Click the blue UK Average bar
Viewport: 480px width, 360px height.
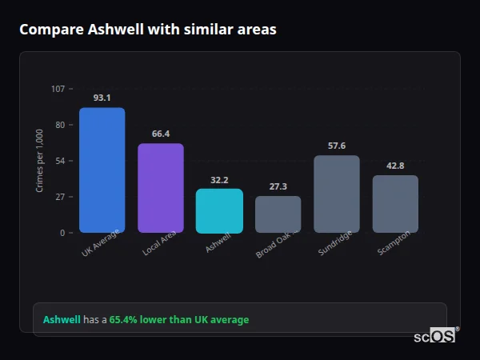point(102,170)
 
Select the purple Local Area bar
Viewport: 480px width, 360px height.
point(161,188)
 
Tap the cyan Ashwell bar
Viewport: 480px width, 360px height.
point(219,210)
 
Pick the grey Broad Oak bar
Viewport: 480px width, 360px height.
point(278,214)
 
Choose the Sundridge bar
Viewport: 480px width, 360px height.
point(337,194)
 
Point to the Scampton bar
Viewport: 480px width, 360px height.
point(395,203)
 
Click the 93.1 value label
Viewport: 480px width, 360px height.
point(102,98)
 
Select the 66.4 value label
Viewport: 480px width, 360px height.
point(161,134)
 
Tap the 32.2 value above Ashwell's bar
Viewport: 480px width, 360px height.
point(219,180)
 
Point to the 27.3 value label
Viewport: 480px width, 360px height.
point(278,186)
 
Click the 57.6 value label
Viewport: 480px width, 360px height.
point(337,146)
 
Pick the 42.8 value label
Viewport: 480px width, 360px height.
point(395,166)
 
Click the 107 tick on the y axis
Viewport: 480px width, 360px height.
point(58,88)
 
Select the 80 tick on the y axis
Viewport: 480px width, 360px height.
point(59,125)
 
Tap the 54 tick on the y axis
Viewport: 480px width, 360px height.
point(59,161)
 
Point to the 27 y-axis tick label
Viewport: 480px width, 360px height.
point(59,197)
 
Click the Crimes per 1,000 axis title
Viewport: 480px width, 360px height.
point(39,160)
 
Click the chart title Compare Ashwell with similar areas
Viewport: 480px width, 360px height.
point(148,30)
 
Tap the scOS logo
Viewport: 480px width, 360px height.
point(435,336)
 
